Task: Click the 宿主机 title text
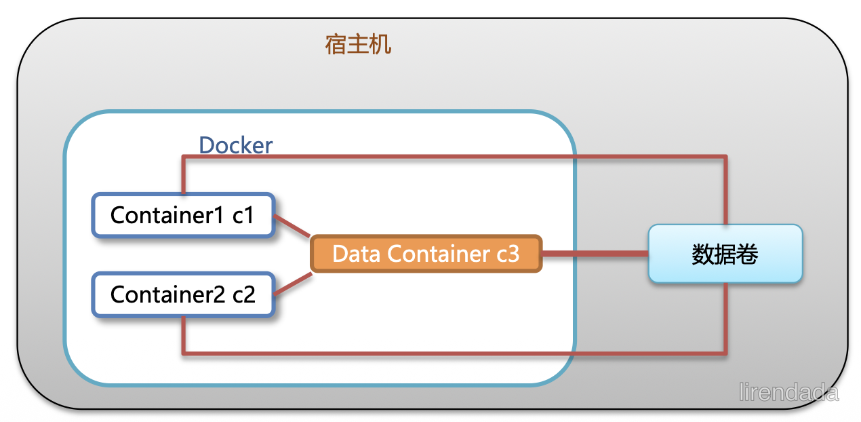pos(358,45)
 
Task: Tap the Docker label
pos(236,145)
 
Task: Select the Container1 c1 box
pos(183,215)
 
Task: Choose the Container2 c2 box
pos(183,294)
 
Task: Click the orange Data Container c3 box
pos(426,254)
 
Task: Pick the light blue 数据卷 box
pos(725,254)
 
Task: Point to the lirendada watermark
pos(788,392)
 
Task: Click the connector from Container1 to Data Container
pos(292,226)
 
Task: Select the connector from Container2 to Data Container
pos(293,284)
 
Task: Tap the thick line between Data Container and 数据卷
pos(595,254)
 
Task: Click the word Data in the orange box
pos(357,254)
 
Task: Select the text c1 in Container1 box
pos(243,216)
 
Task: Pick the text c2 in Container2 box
pos(243,294)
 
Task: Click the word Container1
pos(167,215)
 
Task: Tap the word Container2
pos(167,294)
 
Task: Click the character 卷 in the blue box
pos(747,254)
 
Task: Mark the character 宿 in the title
pos(336,45)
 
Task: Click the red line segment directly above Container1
pos(184,175)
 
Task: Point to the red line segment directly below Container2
pos(184,334)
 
